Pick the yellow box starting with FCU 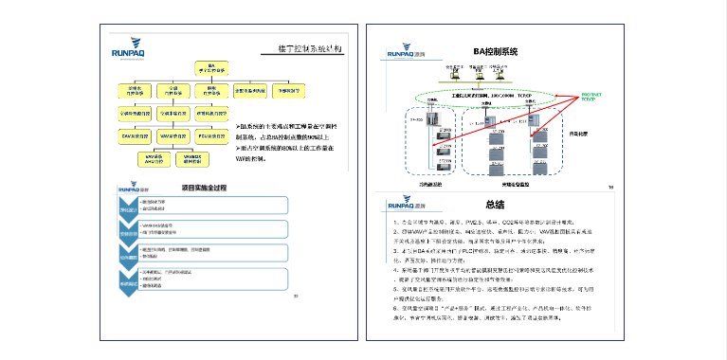pyautogui.click(x=213, y=136)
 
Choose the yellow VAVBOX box pyautogui.click(x=193, y=158)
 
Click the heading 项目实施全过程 pyautogui.click(x=197, y=189)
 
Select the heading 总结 pyautogui.click(x=494, y=204)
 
